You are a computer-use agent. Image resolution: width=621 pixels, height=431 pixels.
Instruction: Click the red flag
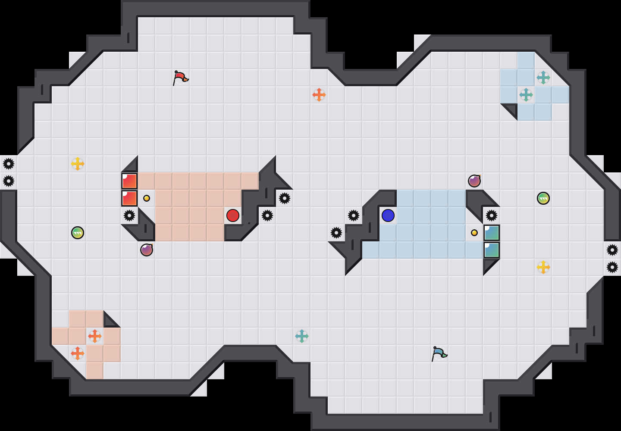[x=180, y=78]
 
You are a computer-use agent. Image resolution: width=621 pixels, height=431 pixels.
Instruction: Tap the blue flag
[x=439, y=353]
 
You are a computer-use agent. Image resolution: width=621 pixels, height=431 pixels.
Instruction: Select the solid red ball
[x=233, y=215]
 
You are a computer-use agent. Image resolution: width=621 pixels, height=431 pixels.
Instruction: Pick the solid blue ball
[x=388, y=215]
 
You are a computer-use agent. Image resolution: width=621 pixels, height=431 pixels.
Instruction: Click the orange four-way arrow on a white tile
[x=319, y=95]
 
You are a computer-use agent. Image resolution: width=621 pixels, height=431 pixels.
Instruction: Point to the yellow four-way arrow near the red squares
[x=78, y=164]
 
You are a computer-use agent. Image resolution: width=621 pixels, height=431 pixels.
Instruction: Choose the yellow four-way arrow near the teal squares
[x=543, y=267]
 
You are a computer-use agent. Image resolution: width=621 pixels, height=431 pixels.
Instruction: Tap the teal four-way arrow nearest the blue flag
[x=302, y=336]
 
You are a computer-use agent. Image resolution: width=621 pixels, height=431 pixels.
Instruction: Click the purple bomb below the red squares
[x=147, y=250]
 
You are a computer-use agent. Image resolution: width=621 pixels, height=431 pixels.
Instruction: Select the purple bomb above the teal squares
[x=474, y=181]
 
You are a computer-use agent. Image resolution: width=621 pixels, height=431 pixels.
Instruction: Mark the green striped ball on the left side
[x=78, y=233]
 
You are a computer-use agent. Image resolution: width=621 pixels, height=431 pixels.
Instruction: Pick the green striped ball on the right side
[x=543, y=198]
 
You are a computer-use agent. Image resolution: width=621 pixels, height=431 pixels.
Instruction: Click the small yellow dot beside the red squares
[x=147, y=198]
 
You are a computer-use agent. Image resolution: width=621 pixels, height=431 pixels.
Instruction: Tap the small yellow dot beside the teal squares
[x=474, y=233]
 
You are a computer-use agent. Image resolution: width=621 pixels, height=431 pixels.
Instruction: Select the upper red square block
[x=129, y=181]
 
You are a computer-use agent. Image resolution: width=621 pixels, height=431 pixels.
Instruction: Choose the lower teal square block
[x=492, y=250]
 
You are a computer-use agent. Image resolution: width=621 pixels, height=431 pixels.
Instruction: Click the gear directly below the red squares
[x=129, y=215]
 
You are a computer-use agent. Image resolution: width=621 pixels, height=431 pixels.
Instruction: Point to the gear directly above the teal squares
[x=492, y=215]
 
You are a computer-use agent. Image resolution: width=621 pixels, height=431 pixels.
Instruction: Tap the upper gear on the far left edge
[x=9, y=164]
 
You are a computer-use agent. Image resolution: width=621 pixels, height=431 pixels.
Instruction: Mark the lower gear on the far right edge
[x=612, y=267]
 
